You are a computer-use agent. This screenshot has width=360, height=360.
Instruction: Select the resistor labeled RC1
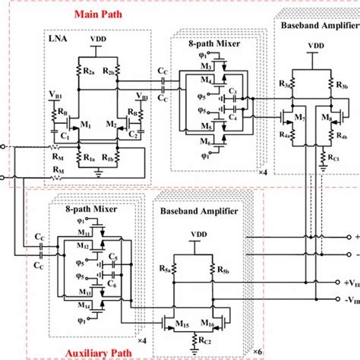click(x=333, y=159)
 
